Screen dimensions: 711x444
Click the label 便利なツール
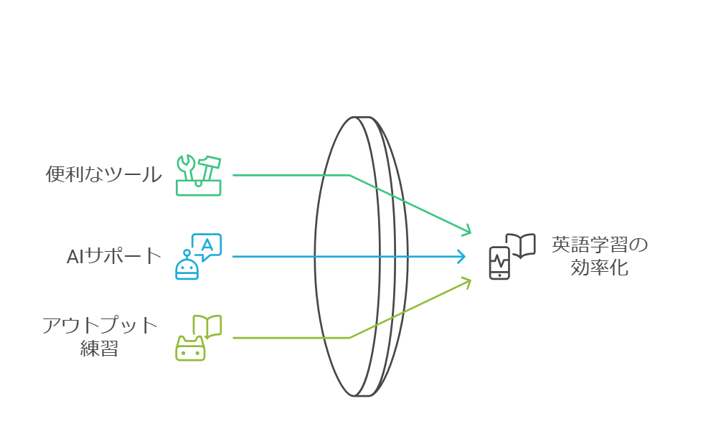pos(103,174)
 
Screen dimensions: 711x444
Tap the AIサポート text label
pos(114,256)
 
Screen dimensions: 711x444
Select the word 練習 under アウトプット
pos(99,349)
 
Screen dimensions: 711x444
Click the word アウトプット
pos(100,326)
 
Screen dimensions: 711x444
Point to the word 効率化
pos(599,267)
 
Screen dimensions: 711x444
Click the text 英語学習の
pos(600,245)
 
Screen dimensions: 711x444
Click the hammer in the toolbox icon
pos(208,169)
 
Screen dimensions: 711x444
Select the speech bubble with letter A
pos(207,247)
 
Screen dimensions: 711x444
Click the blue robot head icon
pos(187,268)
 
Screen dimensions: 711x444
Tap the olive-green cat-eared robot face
pos(190,349)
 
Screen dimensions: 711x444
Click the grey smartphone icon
pos(499,263)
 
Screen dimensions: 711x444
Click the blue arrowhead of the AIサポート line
pos(463,257)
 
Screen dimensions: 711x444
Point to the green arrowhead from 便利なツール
pos(466,230)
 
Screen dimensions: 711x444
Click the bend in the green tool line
pos(349,175)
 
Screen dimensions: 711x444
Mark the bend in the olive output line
pos(349,338)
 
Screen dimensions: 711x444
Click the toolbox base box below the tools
pos(199,188)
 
